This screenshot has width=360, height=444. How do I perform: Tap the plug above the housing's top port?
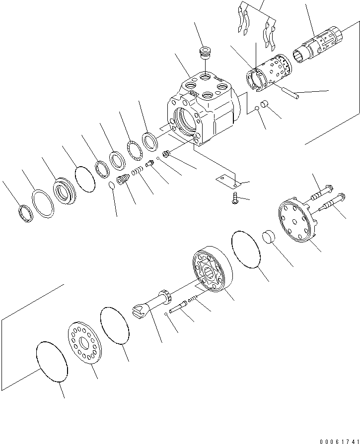click(x=204, y=53)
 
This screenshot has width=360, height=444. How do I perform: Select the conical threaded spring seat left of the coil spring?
click(x=123, y=181)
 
